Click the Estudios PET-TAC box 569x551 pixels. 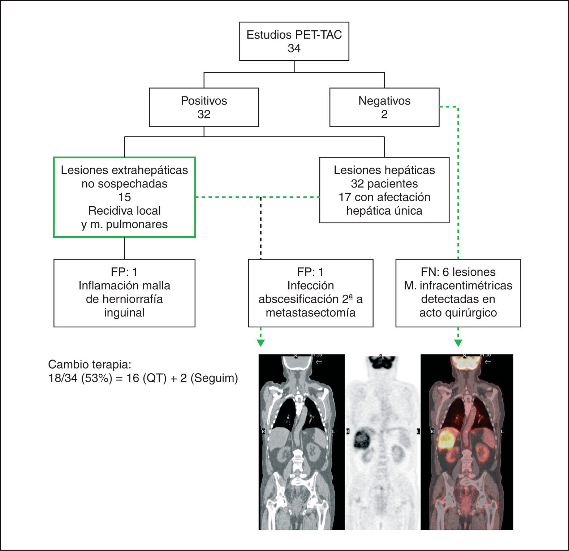294,41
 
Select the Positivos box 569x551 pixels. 204,107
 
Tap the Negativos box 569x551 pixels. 384,107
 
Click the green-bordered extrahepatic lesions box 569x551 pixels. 124,197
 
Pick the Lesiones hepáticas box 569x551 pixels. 384,190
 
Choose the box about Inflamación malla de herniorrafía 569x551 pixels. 124,293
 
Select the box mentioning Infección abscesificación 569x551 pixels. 310,293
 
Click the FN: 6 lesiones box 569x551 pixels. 458,293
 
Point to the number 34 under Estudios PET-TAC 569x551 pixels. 294,48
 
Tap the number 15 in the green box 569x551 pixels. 124,197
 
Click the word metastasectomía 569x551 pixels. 310,313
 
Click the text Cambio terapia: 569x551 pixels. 90,364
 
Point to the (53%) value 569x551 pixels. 97,378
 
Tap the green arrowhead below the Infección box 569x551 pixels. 260,343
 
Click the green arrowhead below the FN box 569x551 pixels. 458,343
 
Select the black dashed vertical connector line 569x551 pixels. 260,228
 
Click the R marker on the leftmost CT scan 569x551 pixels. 263,431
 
